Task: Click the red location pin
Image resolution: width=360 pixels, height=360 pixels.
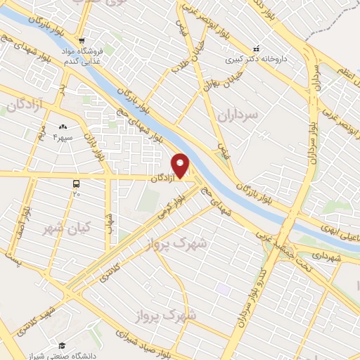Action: (x=181, y=165)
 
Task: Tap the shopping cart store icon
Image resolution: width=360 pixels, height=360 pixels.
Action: (x=82, y=40)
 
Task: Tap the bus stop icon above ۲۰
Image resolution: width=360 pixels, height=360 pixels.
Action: (x=76, y=183)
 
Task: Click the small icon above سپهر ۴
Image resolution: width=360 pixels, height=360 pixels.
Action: (x=63, y=127)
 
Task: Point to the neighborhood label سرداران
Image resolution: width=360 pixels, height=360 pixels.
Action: (x=238, y=113)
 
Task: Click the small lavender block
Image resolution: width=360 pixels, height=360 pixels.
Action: (x=223, y=288)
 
